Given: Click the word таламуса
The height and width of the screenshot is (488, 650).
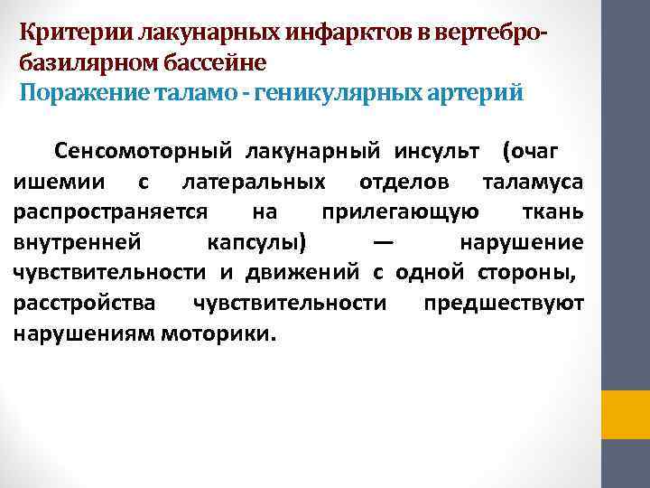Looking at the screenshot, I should tap(533, 181).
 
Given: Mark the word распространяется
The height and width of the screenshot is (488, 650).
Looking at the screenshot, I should tap(113, 211).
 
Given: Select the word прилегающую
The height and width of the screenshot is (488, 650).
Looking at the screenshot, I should tap(402, 211).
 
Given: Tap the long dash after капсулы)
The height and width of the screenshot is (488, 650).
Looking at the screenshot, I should tap(382, 242).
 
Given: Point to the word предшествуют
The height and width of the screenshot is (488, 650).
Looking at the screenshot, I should tap(504, 303).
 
